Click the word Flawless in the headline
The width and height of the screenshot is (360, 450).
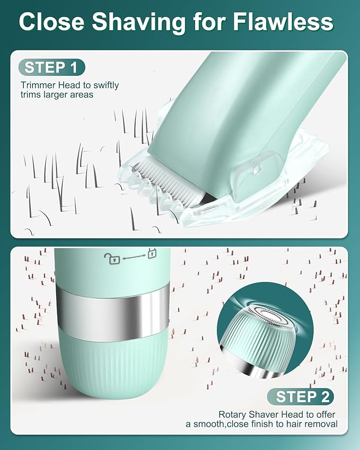click(283, 22)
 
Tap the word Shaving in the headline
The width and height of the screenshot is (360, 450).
click(139, 23)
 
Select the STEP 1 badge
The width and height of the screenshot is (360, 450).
click(51, 67)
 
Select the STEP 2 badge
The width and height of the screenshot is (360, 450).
click(300, 396)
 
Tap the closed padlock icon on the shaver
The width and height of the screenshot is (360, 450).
click(152, 253)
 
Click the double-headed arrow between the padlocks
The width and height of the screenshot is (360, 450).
click(134, 257)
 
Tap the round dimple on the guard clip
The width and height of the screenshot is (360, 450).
click(257, 170)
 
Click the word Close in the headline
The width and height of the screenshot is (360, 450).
click(51, 22)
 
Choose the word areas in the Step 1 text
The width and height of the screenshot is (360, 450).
click(82, 95)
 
